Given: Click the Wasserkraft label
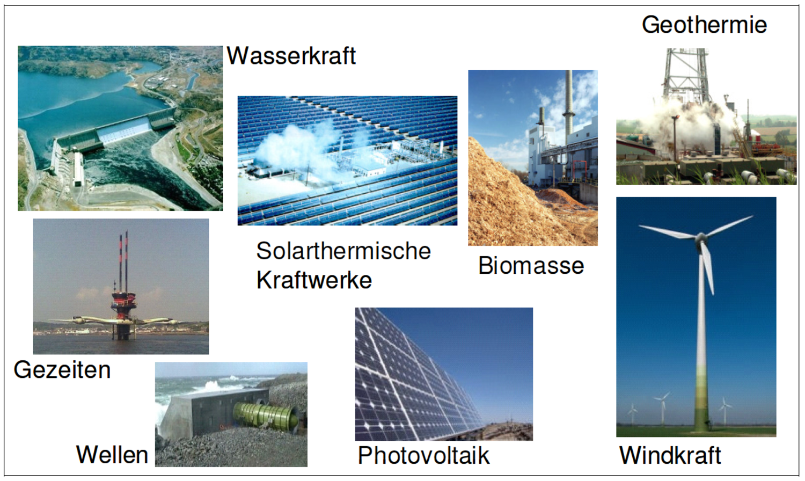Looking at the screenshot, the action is [x=291, y=56].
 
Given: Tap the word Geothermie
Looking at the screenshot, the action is [x=704, y=25].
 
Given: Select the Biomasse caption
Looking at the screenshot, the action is [x=531, y=266].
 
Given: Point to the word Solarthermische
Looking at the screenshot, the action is [x=343, y=251].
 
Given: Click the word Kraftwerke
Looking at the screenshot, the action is [x=314, y=280].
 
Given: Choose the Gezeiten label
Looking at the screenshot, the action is [x=62, y=369].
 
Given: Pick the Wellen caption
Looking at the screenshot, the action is [x=112, y=455].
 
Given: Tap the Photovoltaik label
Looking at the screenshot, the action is [x=424, y=455].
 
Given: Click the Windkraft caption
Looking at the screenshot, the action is [x=670, y=455].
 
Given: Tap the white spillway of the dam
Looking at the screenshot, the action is [x=123, y=133].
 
